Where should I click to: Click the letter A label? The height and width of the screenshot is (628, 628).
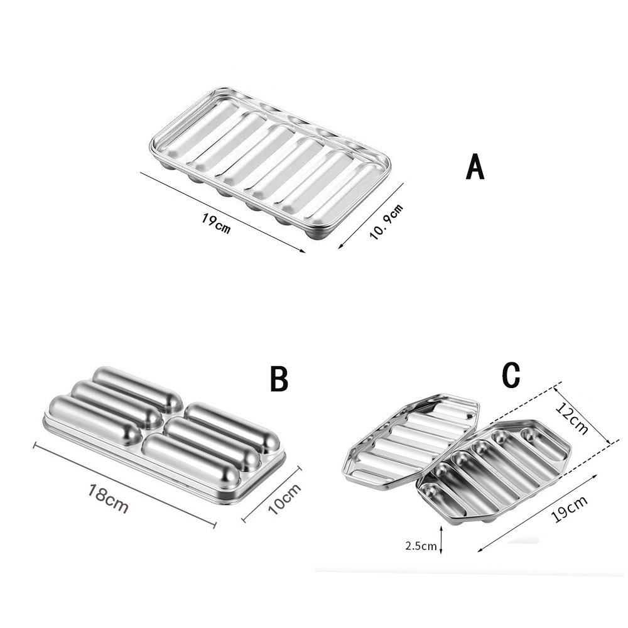(475, 166)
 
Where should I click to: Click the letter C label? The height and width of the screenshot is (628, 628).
(511, 375)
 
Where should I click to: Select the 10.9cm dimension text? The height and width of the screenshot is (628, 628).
(386, 222)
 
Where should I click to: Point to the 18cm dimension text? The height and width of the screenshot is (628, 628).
(109, 498)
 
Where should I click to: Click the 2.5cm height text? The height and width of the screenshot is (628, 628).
(421, 546)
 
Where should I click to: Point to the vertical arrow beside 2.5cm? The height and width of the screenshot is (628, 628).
(441, 539)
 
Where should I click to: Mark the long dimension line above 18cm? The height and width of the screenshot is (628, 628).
(124, 484)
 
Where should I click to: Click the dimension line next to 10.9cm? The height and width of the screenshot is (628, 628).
(371, 216)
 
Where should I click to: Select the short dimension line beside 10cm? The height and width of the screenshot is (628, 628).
(271, 494)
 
